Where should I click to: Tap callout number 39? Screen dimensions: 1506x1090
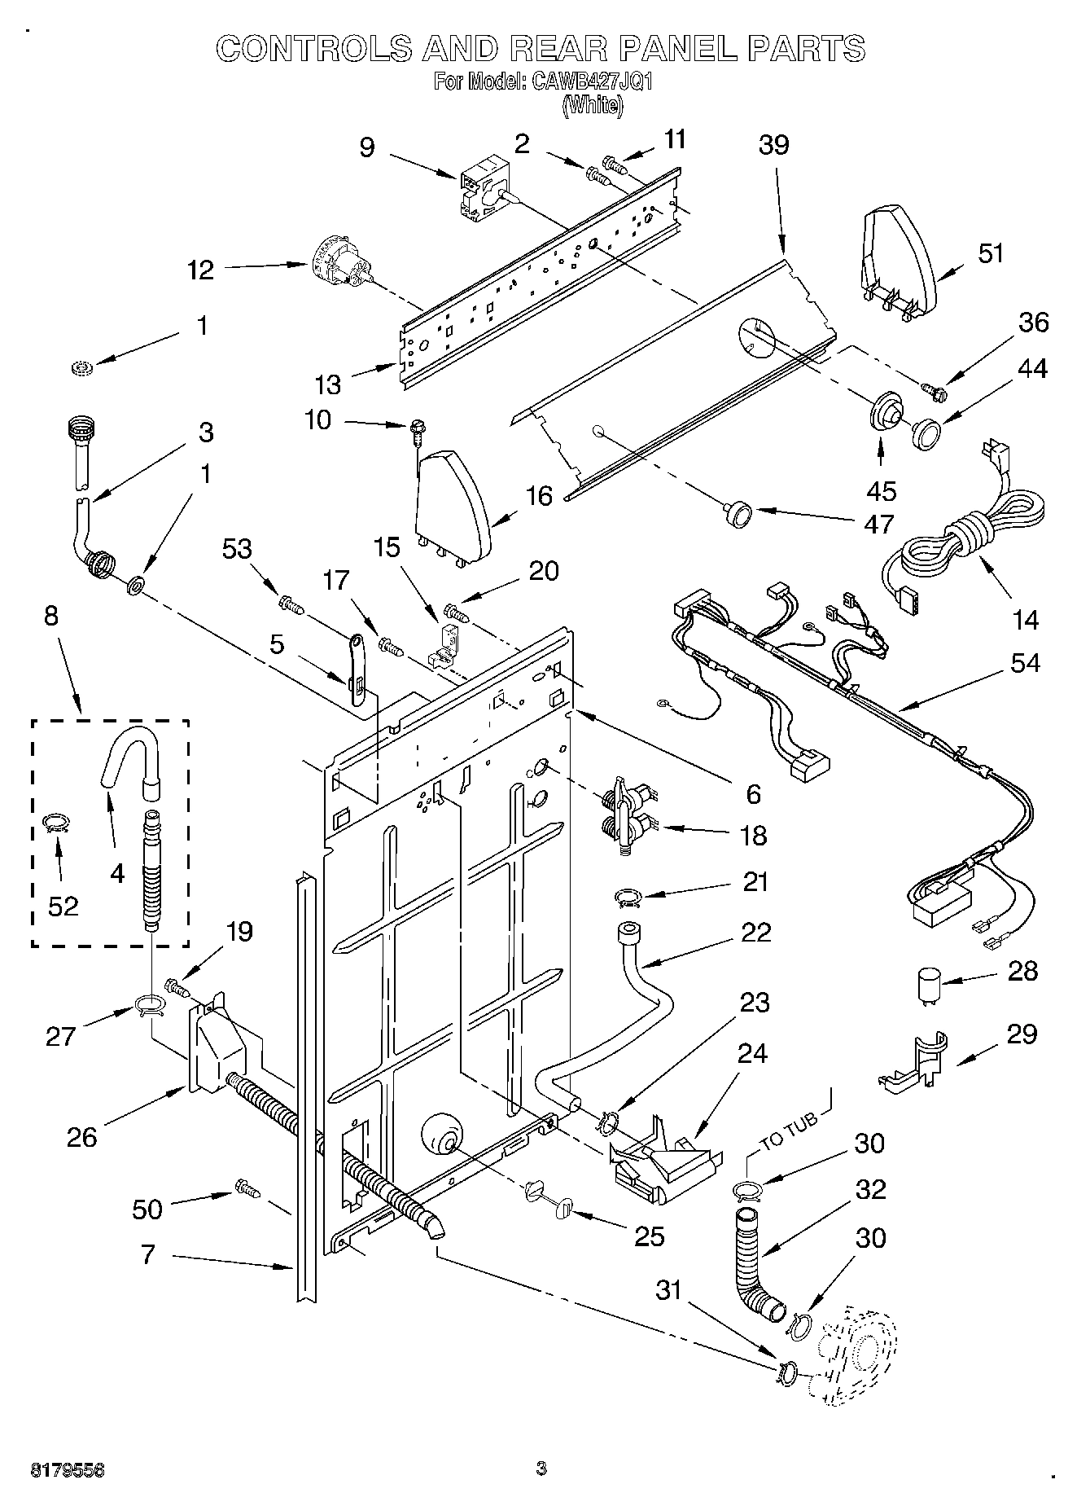tap(773, 145)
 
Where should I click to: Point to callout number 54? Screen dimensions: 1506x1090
tap(1025, 663)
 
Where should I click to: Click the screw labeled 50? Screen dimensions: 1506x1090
tap(247, 1188)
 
